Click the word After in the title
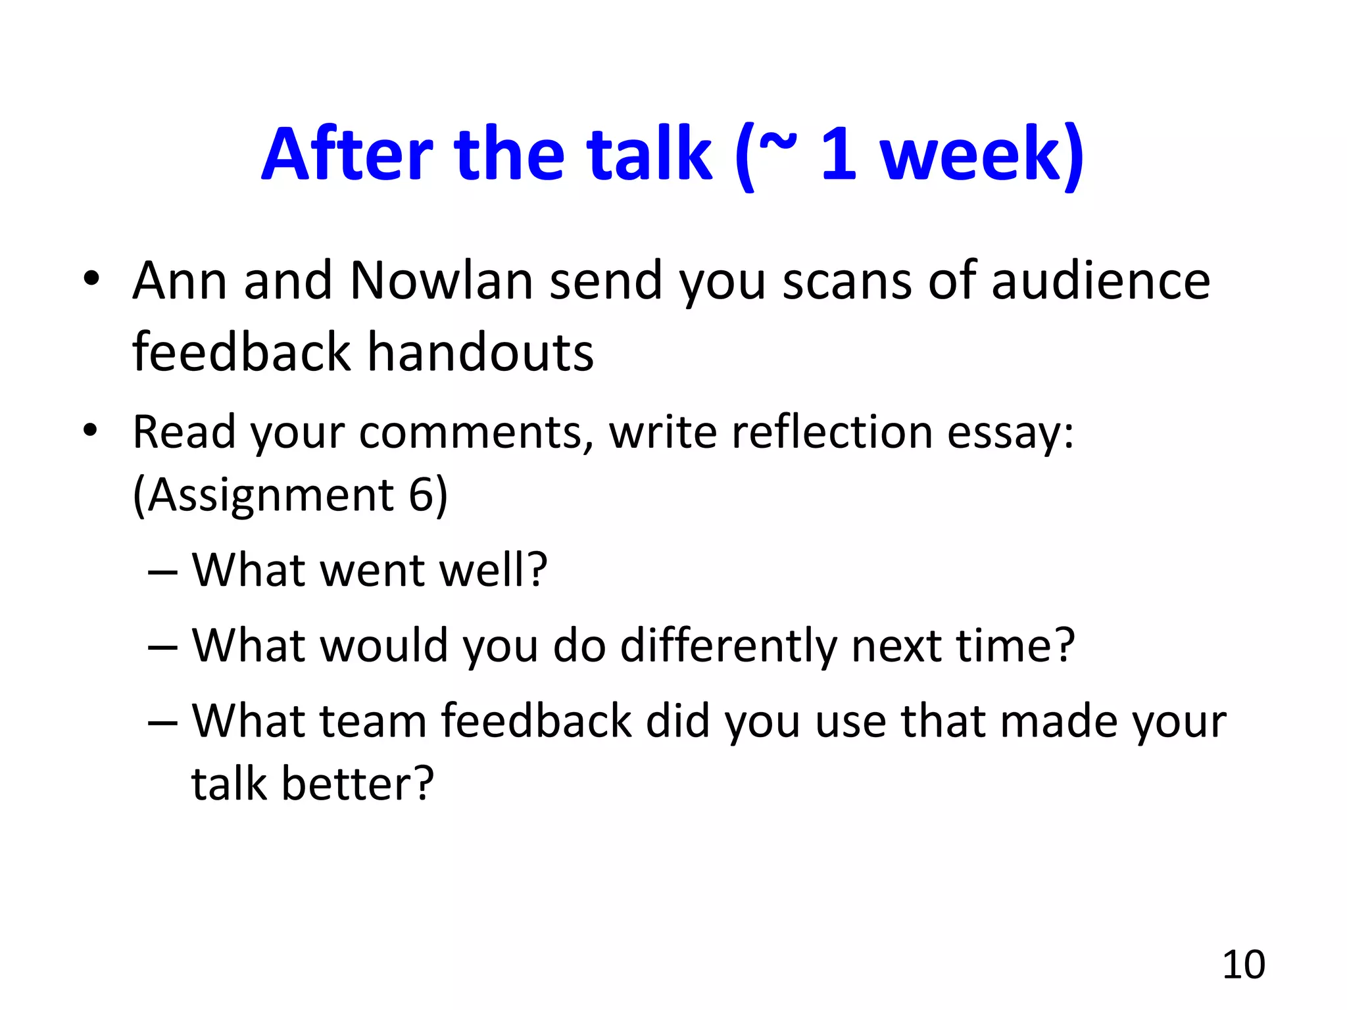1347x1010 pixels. click(x=347, y=155)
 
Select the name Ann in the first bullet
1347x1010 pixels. click(x=180, y=281)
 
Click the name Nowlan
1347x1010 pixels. click(x=441, y=281)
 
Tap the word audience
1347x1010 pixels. click(x=1100, y=281)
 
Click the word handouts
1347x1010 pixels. click(x=480, y=352)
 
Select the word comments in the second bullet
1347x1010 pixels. click(x=476, y=434)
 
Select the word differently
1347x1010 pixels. click(x=728, y=646)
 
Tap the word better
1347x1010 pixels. click(x=358, y=784)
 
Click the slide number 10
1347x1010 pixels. click(x=1244, y=965)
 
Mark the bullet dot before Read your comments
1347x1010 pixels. click(x=90, y=431)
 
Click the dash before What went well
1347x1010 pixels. click(x=162, y=571)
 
